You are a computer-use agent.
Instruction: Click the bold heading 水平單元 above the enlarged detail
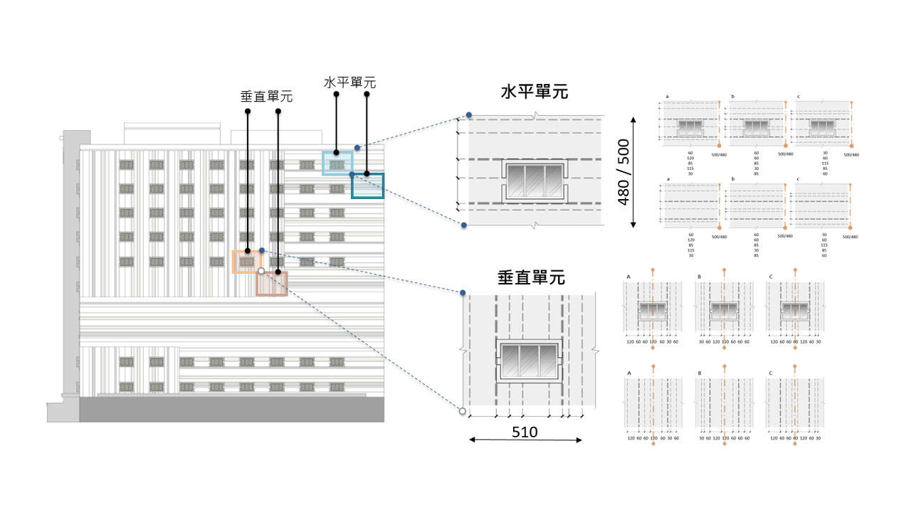pos(535,92)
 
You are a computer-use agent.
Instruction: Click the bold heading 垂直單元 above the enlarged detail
pos(531,277)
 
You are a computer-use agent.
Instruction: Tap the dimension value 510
pos(525,432)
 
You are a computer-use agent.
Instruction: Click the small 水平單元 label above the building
pos(349,82)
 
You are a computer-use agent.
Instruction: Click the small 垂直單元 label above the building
pos(266,97)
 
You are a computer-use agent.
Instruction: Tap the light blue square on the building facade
pos(337,163)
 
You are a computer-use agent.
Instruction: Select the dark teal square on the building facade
pos(367,185)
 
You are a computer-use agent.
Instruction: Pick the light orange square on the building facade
pos(247,262)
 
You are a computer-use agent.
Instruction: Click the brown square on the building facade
pos(272,283)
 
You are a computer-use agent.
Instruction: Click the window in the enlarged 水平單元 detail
pos(534,181)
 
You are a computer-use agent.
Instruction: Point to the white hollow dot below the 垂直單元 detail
pos(462,411)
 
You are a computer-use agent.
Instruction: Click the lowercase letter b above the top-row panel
pos(732,96)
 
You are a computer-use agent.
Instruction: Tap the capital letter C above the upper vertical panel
pos(769,277)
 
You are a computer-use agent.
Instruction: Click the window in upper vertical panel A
pos(653,311)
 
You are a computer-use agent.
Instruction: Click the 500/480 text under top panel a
pos(719,154)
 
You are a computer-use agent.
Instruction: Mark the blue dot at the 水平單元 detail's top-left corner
pos(469,115)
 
